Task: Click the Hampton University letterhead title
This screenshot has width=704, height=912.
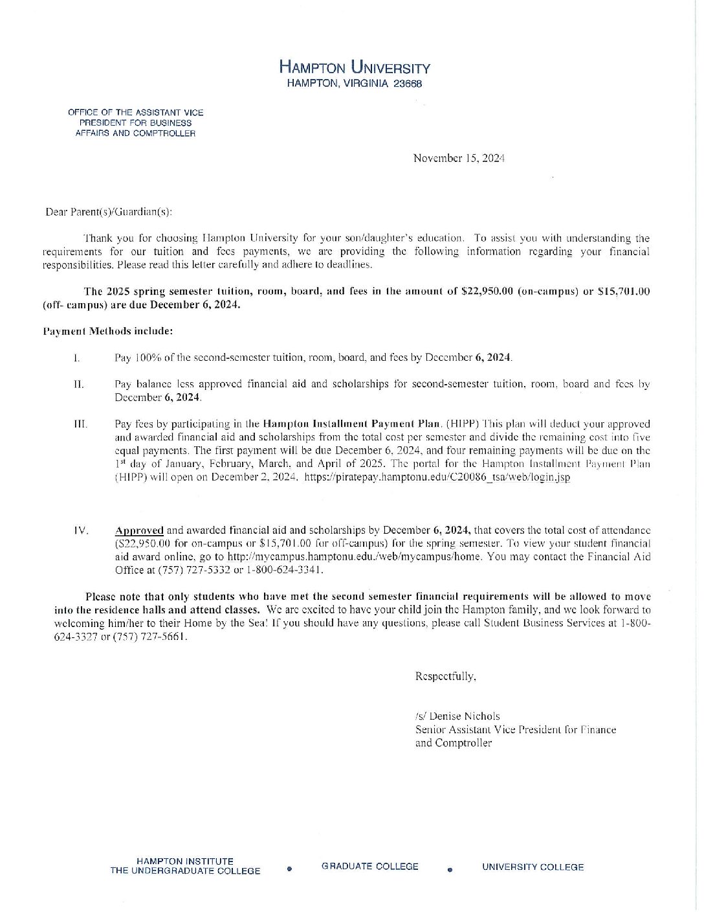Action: pyautogui.click(x=355, y=67)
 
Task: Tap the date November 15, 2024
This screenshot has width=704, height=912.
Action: pyautogui.click(x=459, y=158)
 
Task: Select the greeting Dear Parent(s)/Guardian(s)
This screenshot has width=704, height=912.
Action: pyautogui.click(x=109, y=212)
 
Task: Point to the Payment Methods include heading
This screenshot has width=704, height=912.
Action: pyautogui.click(x=108, y=331)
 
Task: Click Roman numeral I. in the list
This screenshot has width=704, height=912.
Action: pyautogui.click(x=77, y=358)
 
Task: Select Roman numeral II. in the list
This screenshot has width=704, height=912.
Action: pyautogui.click(x=79, y=384)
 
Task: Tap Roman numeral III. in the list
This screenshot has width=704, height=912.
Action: pyautogui.click(x=81, y=424)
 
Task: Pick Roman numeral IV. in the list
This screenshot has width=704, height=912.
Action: pyautogui.click(x=81, y=530)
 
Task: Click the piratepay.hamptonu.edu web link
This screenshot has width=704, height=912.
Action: pyautogui.click(x=437, y=477)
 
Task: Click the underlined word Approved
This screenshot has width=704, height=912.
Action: pyautogui.click(x=139, y=530)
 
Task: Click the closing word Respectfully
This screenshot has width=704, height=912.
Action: pyautogui.click(x=446, y=676)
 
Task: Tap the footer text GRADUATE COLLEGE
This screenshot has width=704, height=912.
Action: pyautogui.click(x=369, y=867)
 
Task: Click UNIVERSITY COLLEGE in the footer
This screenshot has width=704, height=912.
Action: pyautogui.click(x=533, y=867)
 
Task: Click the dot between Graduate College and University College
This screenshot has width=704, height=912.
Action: pyautogui.click(x=450, y=869)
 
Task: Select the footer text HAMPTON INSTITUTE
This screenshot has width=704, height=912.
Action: pyautogui.click(x=185, y=861)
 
